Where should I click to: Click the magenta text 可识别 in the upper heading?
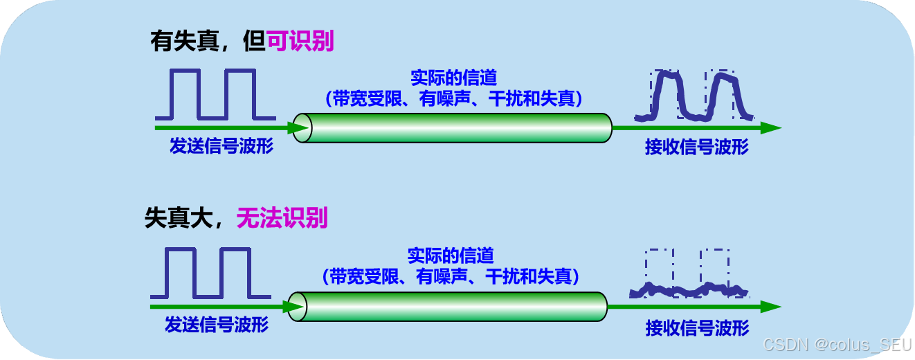[x=300, y=42]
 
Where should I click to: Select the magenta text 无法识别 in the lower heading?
[x=282, y=219]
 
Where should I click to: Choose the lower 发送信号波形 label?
[x=217, y=325]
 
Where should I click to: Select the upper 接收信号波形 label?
[x=697, y=147]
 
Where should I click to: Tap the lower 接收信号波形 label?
[x=697, y=327]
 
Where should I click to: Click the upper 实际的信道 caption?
[x=454, y=77]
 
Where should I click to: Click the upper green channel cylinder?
[x=453, y=128]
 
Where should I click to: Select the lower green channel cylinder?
[x=450, y=307]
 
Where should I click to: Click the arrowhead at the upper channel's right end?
[x=770, y=128]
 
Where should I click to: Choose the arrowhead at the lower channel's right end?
[x=770, y=307]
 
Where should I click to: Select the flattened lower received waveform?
[x=689, y=289]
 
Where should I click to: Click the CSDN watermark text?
[x=836, y=344]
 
